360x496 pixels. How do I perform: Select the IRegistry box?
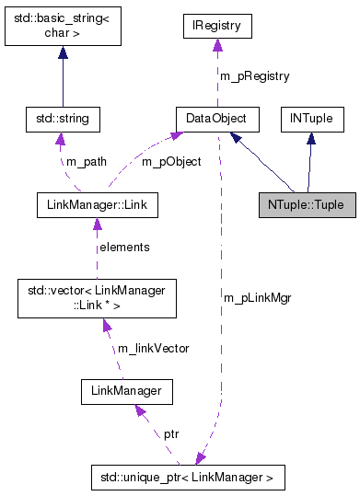[x=216, y=26]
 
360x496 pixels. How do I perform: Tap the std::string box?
[x=63, y=119]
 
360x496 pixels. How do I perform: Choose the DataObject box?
[x=216, y=119]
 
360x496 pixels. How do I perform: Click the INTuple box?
[x=312, y=119]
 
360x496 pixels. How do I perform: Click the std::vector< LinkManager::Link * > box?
[x=97, y=298]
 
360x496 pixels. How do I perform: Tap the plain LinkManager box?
[x=127, y=392]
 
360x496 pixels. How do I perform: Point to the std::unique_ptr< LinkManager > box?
[x=188, y=478]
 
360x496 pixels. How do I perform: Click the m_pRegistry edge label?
[x=253, y=75]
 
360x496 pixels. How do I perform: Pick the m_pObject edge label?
[x=170, y=162]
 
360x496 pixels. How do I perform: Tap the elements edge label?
[x=124, y=247]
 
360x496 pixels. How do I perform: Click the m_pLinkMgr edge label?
[x=257, y=298]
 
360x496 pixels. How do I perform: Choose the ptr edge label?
[x=171, y=433]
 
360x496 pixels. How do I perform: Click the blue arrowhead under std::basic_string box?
[x=63, y=53]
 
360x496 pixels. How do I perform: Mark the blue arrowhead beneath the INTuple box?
[x=312, y=138]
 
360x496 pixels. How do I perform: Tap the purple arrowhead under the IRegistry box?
[x=216, y=45]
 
